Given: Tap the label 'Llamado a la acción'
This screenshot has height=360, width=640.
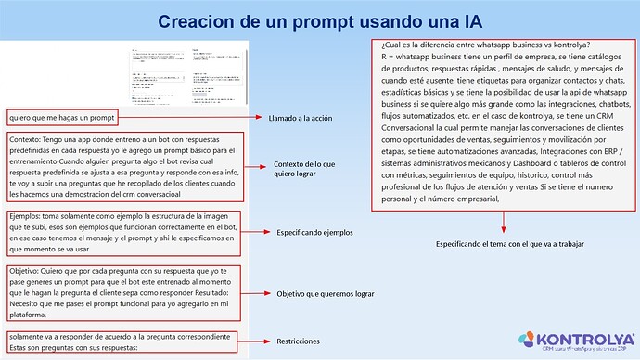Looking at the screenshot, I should pos(300,119).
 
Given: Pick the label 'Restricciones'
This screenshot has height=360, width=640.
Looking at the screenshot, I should pos(298,341).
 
